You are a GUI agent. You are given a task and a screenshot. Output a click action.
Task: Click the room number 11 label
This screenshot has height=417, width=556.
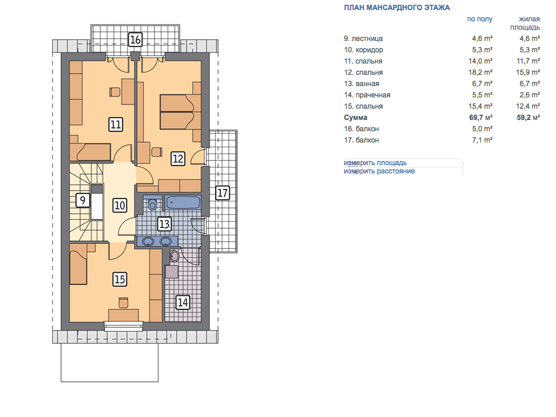116,125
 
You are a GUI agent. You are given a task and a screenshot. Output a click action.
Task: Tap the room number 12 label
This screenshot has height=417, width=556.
178,159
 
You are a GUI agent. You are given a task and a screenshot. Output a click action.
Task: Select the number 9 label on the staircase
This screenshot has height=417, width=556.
83,200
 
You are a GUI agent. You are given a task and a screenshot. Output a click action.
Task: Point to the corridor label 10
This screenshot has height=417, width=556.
119,206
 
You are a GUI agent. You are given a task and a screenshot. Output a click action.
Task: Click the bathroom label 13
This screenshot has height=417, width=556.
164,224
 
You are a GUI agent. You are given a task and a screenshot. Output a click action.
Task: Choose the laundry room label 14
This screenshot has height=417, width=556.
182,302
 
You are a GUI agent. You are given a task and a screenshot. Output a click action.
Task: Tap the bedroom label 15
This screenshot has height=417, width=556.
119,279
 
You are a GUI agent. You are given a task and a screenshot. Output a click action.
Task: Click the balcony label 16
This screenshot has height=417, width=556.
135,39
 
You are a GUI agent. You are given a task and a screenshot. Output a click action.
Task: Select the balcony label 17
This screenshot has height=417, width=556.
222,193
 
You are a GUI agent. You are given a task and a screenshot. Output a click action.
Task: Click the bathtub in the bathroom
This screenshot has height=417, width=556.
183,203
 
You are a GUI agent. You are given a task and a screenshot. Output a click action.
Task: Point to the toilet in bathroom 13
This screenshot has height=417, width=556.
152,204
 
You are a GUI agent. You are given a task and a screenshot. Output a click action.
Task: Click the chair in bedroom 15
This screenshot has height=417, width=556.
123,303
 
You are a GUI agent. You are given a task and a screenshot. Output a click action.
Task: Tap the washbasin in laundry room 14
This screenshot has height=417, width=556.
174,256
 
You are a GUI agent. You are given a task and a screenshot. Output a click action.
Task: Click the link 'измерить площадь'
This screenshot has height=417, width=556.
375,163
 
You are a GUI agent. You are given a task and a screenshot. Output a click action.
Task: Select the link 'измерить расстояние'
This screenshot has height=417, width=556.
379,171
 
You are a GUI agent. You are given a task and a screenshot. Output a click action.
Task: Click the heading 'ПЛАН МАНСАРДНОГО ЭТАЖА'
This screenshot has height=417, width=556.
397,8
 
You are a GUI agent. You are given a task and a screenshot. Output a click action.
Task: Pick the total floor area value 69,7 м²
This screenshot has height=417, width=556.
481,118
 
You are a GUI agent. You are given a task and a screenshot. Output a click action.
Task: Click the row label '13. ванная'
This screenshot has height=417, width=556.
361,84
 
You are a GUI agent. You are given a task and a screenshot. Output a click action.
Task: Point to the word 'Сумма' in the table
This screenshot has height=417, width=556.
355,118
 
